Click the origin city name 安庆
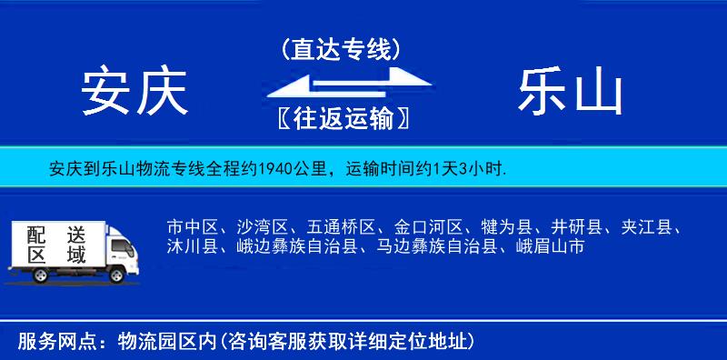134,92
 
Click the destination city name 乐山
570,92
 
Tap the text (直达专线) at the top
341,49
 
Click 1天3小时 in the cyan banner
466,169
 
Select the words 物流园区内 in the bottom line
163,342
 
